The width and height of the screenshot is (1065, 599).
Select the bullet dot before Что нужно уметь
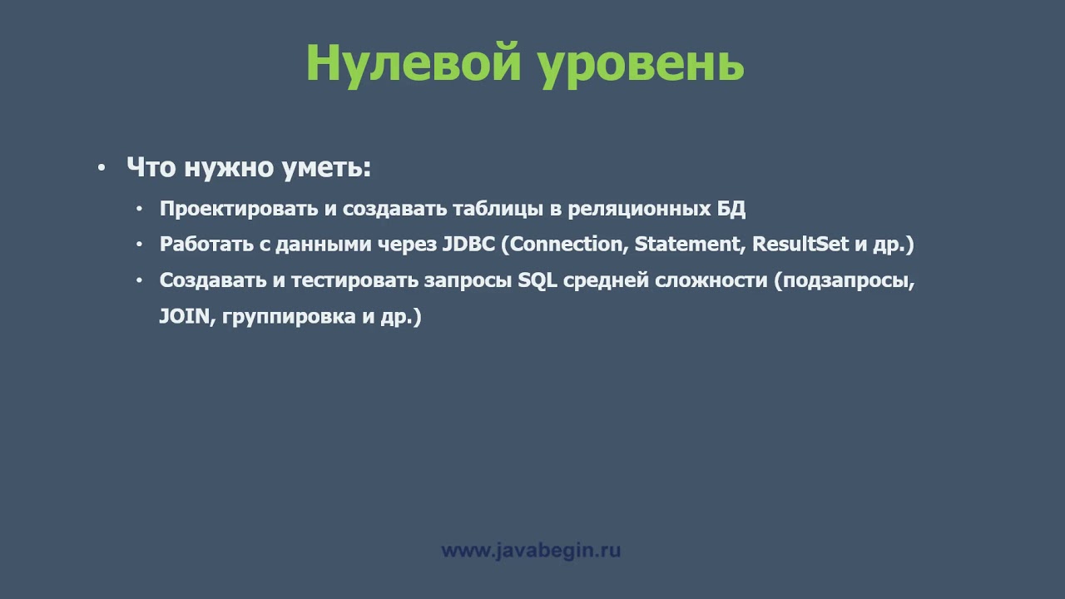click(102, 168)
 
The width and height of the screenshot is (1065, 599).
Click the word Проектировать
click(238, 209)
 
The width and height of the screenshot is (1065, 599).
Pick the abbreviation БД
click(731, 209)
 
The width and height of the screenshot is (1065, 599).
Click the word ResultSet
click(800, 245)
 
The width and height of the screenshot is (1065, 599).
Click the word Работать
click(202, 245)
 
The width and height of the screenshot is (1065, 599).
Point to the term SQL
click(537, 280)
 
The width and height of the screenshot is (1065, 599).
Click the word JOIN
click(182, 317)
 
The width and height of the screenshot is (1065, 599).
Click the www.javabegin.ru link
click(531, 551)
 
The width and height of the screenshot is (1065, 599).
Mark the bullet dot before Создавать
click(140, 280)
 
